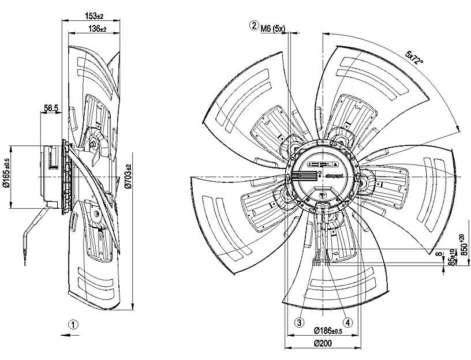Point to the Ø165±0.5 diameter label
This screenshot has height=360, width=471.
[6, 178]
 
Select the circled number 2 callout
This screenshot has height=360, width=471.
[253, 26]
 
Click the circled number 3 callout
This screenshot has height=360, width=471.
[300, 322]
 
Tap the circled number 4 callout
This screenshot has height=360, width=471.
[347, 322]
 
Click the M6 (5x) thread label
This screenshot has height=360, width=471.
[274, 27]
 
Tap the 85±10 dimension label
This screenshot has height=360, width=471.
[451, 259]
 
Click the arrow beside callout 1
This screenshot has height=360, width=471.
[63, 333]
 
